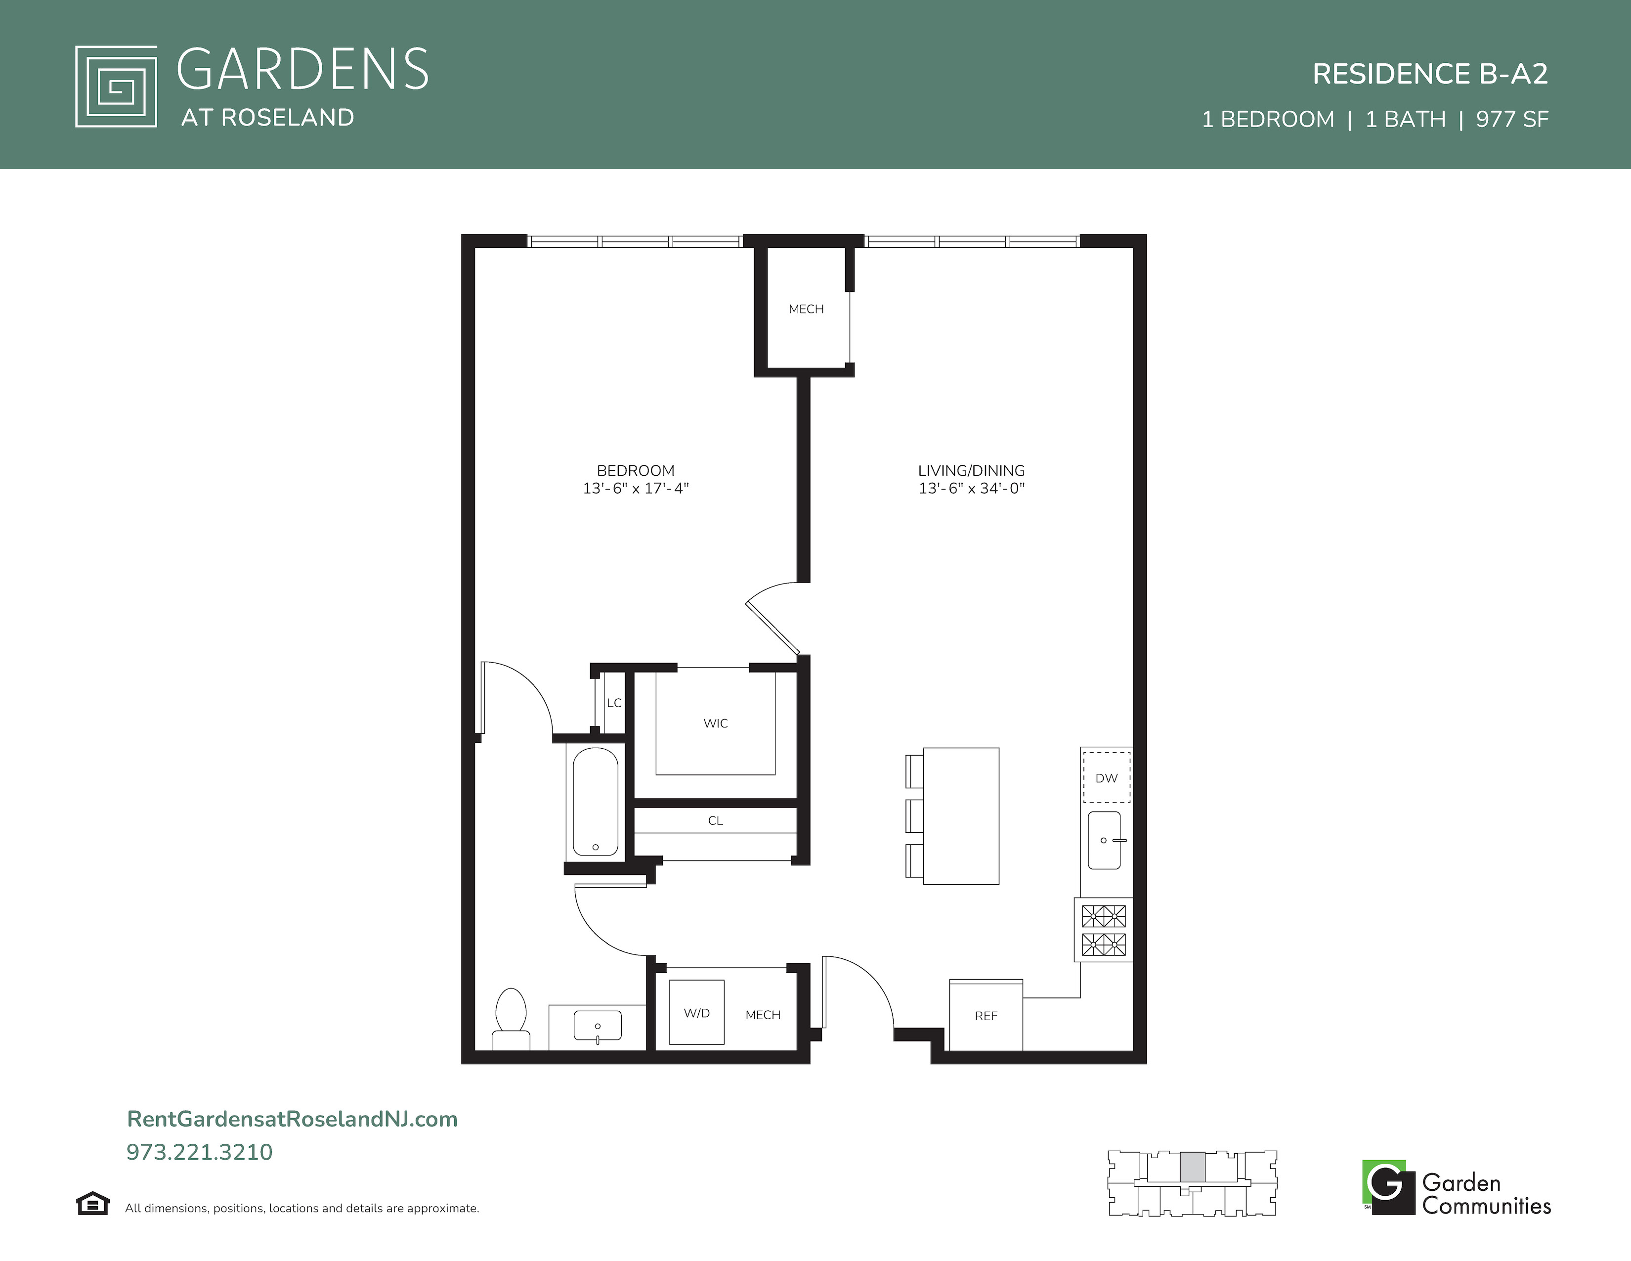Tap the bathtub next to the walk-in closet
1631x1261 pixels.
pos(595,802)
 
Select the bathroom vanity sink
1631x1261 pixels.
pos(598,1027)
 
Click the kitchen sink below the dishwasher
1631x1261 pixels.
pos(1105,840)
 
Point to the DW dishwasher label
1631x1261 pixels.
pos(1106,778)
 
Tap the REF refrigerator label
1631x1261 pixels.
pos(986,1016)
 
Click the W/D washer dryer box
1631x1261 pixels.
pos(697,1012)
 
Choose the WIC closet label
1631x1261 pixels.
pos(716,723)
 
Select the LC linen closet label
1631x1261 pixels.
pos(614,703)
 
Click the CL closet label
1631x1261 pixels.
pos(716,821)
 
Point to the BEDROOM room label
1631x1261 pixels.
pos(636,471)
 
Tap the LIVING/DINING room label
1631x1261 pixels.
pos(971,471)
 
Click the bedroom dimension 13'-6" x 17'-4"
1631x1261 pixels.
pos(636,489)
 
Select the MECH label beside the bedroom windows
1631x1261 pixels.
pos(806,309)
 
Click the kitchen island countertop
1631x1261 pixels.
pos(961,816)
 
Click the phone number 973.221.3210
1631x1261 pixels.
pos(199,1152)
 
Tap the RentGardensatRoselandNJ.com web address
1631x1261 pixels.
pos(292,1119)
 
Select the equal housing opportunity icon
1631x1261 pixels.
pos(92,1204)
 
